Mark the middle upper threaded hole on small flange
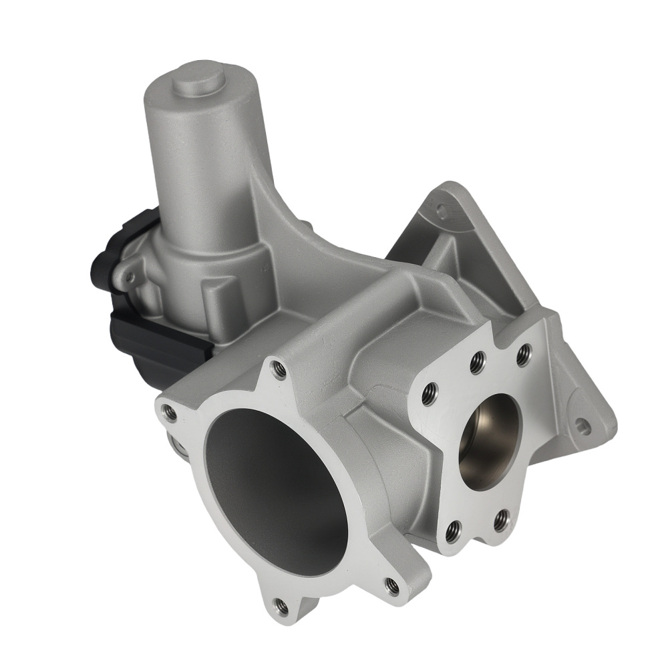[476, 364]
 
